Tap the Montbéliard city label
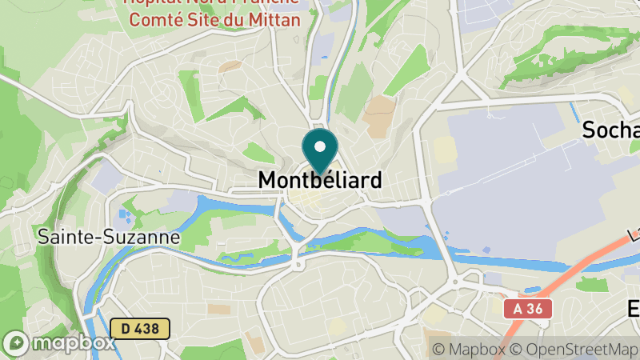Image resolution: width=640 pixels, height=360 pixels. click(x=319, y=182)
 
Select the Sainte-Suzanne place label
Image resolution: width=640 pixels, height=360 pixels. click(x=109, y=237)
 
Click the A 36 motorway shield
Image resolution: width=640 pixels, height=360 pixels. click(x=528, y=308)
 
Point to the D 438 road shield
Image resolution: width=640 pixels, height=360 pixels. click(x=141, y=328)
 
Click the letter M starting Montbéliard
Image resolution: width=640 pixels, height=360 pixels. click(x=267, y=182)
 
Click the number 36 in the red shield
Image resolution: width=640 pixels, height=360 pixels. click(x=537, y=308)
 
